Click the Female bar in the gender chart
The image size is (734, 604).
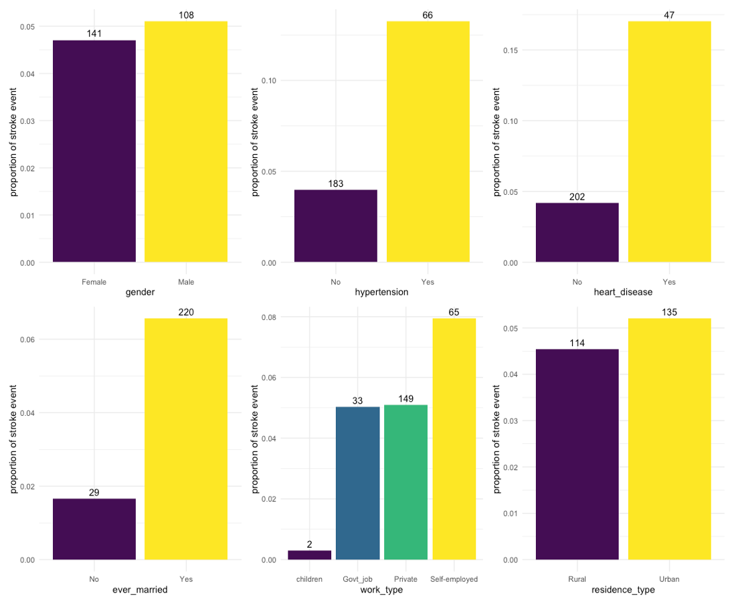click(x=94, y=151)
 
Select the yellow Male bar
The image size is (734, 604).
click(x=186, y=141)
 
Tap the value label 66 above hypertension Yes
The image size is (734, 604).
click(x=428, y=15)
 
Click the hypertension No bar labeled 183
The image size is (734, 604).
click(x=335, y=226)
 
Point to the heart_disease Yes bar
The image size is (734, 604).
click(x=669, y=141)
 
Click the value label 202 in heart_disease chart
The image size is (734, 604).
click(x=577, y=197)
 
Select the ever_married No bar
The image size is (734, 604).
click(x=94, y=529)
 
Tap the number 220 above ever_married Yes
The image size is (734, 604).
click(x=186, y=312)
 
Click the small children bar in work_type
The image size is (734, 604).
click(x=310, y=555)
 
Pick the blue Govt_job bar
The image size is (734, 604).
click(x=358, y=483)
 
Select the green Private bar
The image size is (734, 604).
click(x=405, y=482)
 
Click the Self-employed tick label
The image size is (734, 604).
click(x=454, y=579)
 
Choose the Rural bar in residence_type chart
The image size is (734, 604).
click(x=577, y=454)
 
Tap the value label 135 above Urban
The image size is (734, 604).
click(x=669, y=312)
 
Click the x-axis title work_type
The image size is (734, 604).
click(x=381, y=590)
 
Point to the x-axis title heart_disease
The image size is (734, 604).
click(x=623, y=293)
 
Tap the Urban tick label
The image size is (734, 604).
click(x=669, y=579)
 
